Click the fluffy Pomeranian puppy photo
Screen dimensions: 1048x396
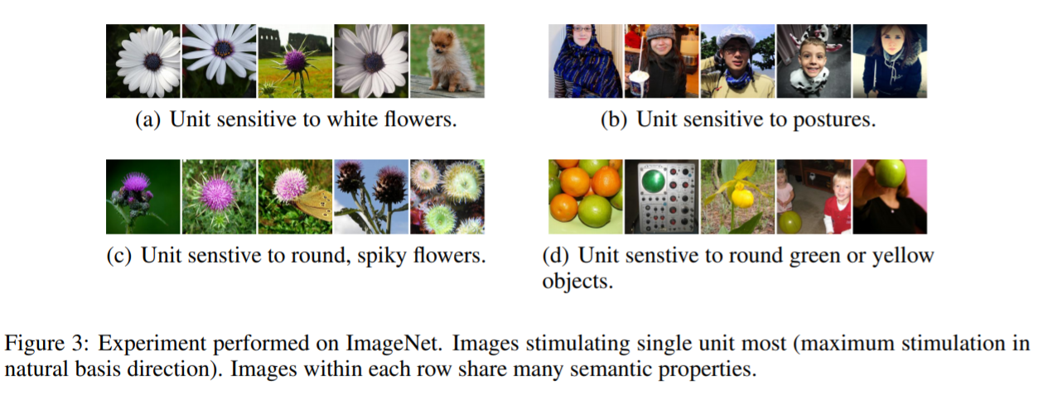click(447, 61)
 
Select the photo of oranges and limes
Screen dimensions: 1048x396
click(585, 196)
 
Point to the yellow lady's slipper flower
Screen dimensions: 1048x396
click(742, 197)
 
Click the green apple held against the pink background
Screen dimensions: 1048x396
click(892, 175)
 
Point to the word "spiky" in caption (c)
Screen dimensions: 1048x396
click(384, 255)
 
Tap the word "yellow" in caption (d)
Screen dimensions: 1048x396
click(904, 255)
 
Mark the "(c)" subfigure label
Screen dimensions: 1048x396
click(121, 255)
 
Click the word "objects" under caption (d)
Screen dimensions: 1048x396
click(577, 281)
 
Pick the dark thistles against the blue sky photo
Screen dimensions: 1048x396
click(371, 196)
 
